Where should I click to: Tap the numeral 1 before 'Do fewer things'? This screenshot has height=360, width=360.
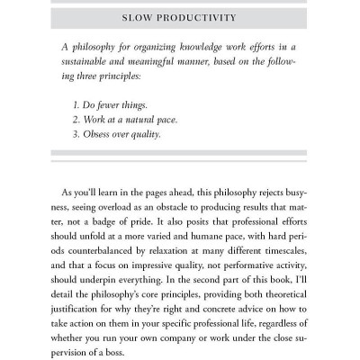(x=76, y=103)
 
